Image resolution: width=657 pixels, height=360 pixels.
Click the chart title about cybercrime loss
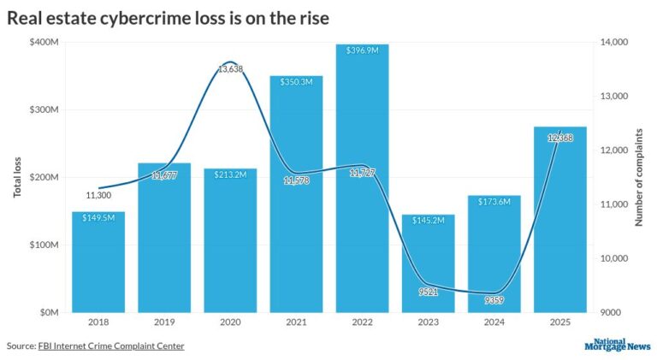point(168,16)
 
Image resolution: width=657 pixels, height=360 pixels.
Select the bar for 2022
point(362,180)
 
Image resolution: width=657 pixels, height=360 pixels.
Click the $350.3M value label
point(296,81)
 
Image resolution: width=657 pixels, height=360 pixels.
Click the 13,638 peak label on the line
point(230,69)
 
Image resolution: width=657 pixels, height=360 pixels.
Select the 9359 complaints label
point(494,300)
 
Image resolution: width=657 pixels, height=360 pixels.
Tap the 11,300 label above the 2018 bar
point(98,195)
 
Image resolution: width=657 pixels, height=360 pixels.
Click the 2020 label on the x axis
point(230,322)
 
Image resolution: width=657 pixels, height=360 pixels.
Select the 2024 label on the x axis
point(494,322)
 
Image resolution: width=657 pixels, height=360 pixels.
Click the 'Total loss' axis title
point(16,177)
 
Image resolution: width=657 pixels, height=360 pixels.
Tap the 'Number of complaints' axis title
point(638,177)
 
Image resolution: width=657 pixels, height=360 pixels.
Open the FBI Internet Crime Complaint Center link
point(110,345)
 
